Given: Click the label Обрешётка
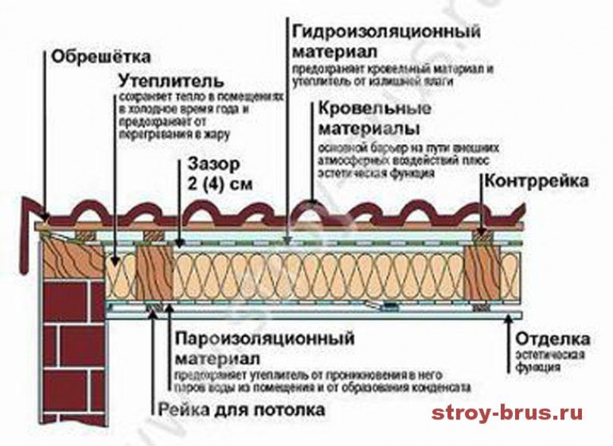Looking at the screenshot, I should click(102, 57).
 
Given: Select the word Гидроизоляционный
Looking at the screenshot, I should click(387, 33).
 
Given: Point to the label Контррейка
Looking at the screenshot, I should click(545, 182).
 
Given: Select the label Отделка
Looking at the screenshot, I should click(549, 338).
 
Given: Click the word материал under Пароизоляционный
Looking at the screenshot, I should click(219, 356).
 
